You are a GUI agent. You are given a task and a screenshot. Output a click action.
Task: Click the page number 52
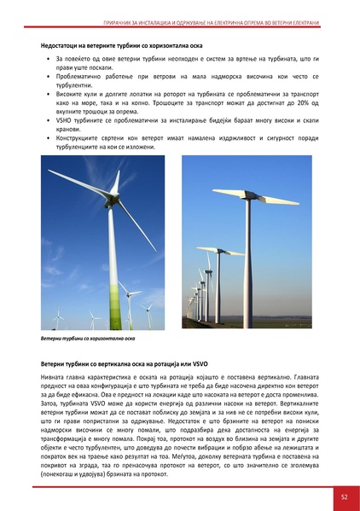(x=343, y=495)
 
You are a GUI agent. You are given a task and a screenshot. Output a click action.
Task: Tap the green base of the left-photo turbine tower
(x=111, y=311)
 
